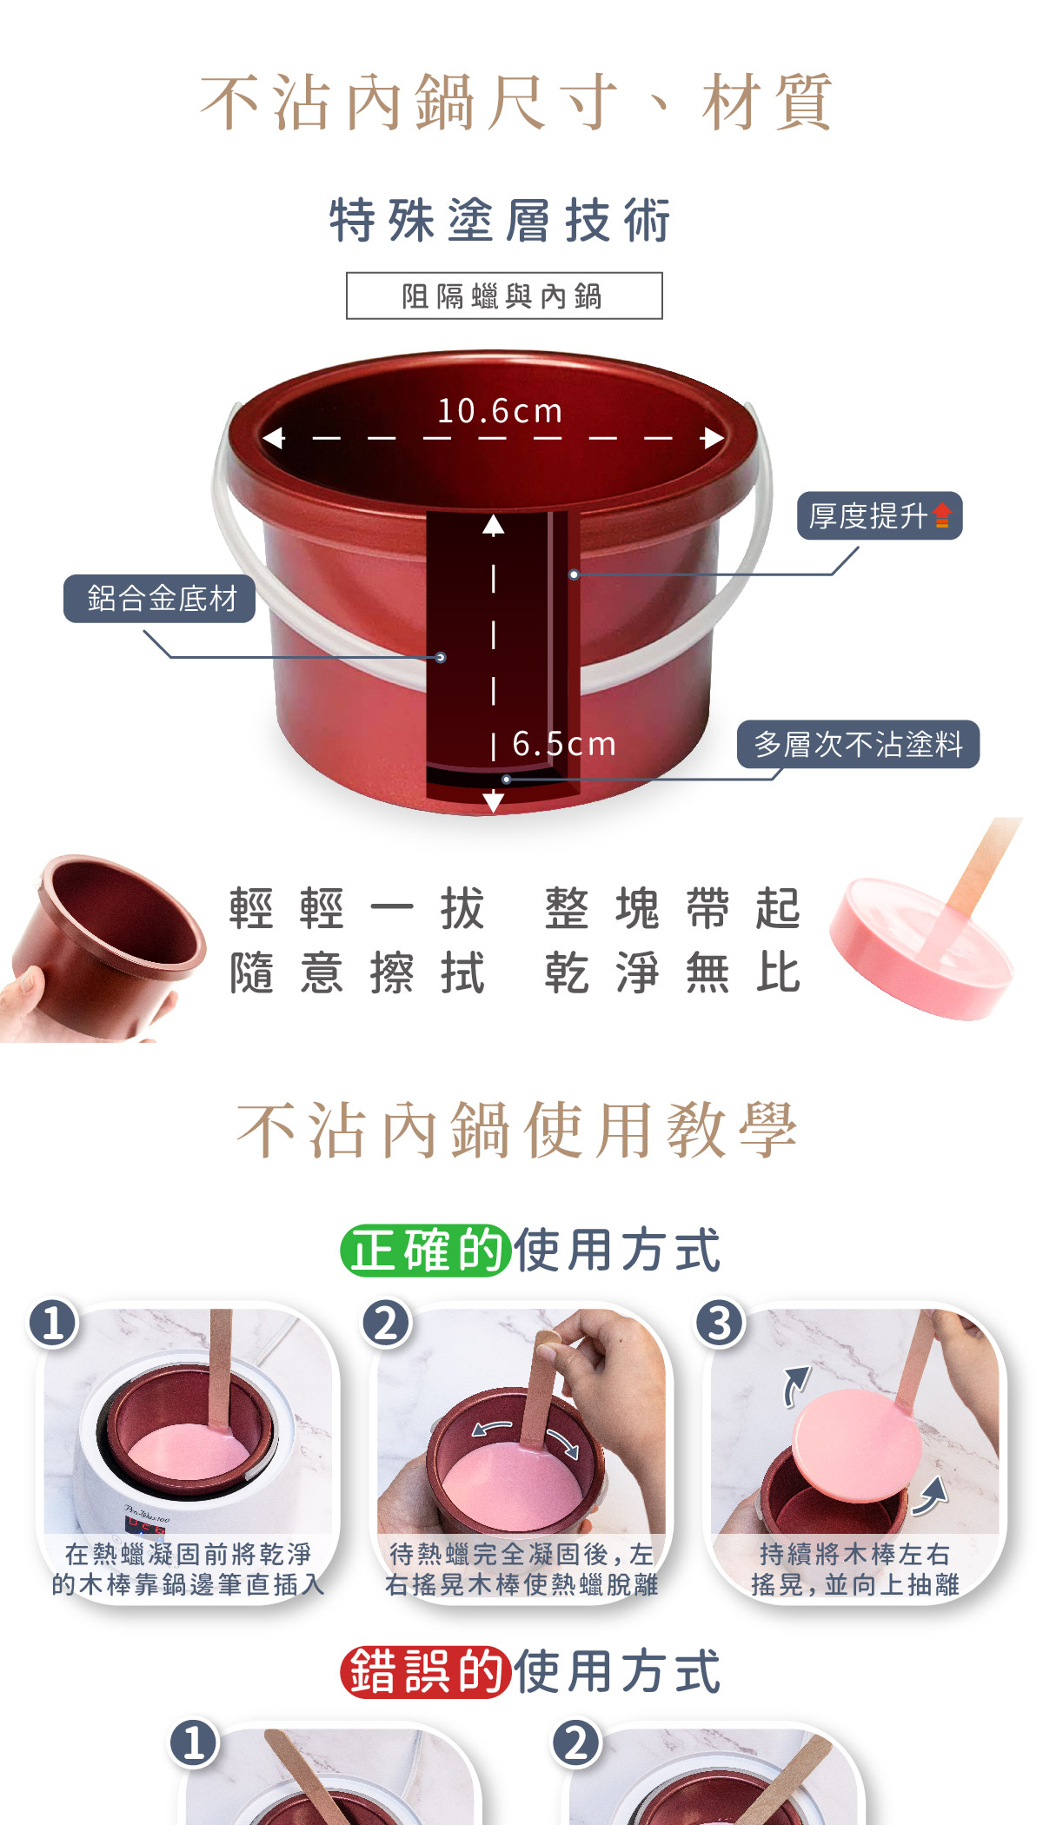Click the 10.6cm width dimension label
[x=500, y=411]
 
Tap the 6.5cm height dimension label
[x=564, y=744]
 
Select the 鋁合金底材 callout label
[x=160, y=598]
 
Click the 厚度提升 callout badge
[x=880, y=515]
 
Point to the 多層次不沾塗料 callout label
[x=858, y=744]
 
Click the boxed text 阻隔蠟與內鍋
[x=504, y=295]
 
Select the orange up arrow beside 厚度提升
[x=942, y=515]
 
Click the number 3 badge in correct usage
[x=720, y=1324]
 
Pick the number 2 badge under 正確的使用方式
[x=387, y=1324]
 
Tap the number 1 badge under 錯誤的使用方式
[x=195, y=1742]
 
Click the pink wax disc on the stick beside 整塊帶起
[x=920, y=948]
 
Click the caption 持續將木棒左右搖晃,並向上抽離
[x=854, y=1569]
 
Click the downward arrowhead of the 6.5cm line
[x=493, y=801]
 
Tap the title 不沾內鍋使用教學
[x=518, y=1130]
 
